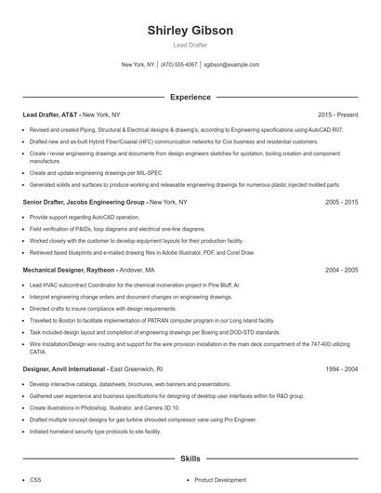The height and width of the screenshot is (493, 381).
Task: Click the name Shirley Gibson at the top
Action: (190, 31)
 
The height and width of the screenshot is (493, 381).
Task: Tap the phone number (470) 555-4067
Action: (178, 65)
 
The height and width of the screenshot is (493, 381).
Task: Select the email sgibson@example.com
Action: (230, 65)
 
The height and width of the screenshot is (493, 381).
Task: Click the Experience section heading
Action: (190, 97)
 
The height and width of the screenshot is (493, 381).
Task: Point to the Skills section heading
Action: (190, 460)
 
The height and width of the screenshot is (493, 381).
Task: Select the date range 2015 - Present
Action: (337, 115)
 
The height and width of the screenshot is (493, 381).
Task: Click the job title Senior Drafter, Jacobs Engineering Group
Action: (84, 202)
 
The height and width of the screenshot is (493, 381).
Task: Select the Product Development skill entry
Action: (220, 480)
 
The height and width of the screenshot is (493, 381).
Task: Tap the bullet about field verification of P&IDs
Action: (117, 228)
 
